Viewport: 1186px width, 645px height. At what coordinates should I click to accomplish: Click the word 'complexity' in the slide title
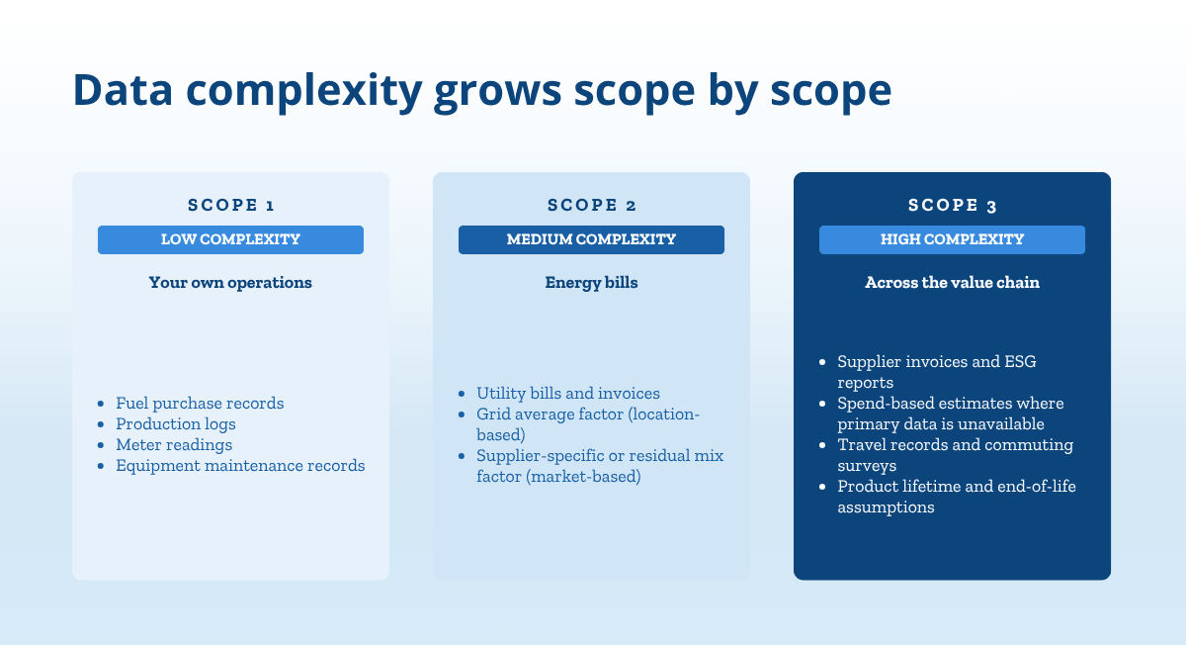(304, 91)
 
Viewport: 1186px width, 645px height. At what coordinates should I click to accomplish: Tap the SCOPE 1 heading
(231, 205)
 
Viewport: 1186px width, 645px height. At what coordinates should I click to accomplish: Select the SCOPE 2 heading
(591, 205)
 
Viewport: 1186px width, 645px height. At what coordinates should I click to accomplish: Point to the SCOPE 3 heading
(952, 205)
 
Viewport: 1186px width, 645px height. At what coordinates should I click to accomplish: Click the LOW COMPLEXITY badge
(231, 239)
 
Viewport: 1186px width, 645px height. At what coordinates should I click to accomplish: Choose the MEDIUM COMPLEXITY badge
(591, 239)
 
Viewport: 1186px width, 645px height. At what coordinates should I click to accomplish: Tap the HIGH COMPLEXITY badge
(952, 239)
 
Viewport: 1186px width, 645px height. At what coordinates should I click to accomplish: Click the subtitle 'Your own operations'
(230, 283)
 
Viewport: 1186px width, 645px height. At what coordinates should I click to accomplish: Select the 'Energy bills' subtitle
(591, 283)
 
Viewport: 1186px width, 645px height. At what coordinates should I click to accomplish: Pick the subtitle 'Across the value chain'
(952, 283)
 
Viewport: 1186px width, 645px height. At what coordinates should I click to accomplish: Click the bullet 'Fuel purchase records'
(200, 404)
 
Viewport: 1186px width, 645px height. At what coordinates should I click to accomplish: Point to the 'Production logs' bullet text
(176, 424)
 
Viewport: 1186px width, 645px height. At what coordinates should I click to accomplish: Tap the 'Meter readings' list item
(174, 444)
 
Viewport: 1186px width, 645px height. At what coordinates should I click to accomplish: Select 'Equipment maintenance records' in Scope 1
(240, 465)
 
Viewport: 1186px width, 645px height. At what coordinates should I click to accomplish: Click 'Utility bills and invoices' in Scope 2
(568, 394)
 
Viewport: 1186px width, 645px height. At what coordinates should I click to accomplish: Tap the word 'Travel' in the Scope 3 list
(862, 444)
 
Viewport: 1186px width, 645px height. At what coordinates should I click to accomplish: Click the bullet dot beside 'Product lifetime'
(822, 487)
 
